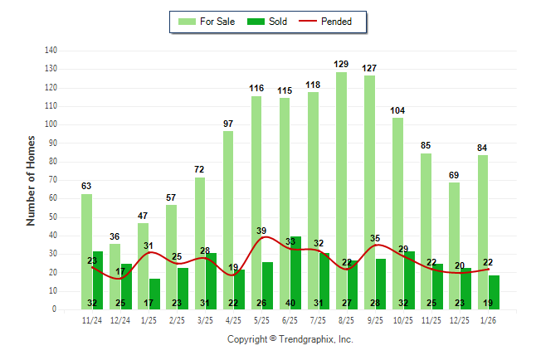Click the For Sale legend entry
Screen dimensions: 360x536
(207, 22)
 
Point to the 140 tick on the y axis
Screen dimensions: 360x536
(51, 51)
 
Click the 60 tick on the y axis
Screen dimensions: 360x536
(53, 198)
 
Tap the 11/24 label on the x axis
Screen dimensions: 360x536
(92, 319)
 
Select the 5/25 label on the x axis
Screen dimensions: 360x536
(262, 319)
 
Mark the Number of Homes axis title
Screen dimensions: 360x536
(31, 180)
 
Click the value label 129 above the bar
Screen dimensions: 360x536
(341, 64)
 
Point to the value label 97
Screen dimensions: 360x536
(228, 124)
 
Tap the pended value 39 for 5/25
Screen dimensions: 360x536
(261, 231)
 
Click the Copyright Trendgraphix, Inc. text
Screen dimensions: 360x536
(290, 339)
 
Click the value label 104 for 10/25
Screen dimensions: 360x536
(397, 110)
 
